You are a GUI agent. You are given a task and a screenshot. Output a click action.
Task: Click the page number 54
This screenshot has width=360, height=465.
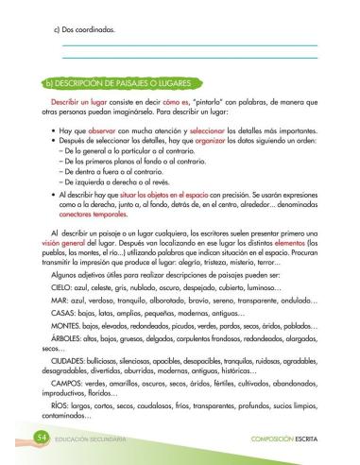coord(41,439)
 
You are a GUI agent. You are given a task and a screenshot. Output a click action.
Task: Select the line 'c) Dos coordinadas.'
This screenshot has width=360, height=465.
coord(84,30)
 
